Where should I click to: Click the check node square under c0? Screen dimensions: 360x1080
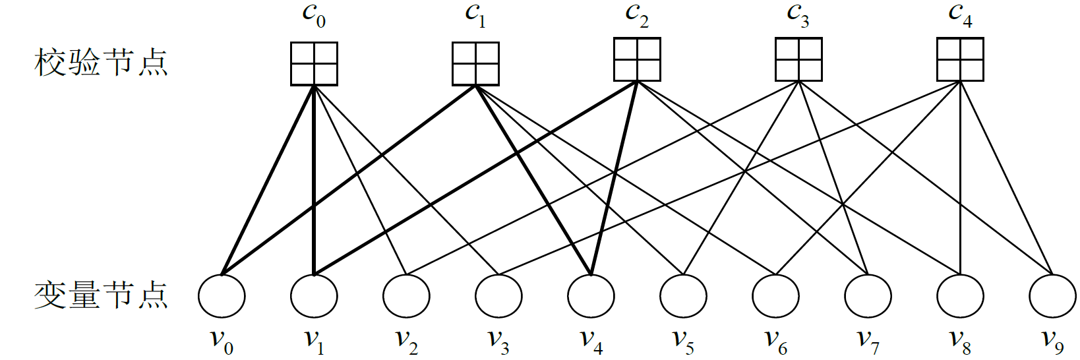pyautogui.click(x=315, y=64)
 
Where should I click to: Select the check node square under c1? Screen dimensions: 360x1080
pyautogui.click(x=475, y=64)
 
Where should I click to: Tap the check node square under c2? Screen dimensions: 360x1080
pyautogui.click(x=637, y=59)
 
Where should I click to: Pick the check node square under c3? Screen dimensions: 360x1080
pyautogui.click(x=798, y=59)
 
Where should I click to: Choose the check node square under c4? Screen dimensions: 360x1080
pyautogui.click(x=960, y=59)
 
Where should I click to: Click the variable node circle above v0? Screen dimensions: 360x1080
pyautogui.click(x=222, y=296)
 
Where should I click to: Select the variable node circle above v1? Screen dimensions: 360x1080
pyautogui.click(x=314, y=296)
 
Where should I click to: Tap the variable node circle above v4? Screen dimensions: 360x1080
pyautogui.click(x=591, y=296)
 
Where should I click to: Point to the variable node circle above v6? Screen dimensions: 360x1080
pyautogui.click(x=775, y=296)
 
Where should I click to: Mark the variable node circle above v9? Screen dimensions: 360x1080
pyautogui.click(x=1052, y=296)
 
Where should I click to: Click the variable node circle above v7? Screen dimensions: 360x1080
pyautogui.click(x=868, y=296)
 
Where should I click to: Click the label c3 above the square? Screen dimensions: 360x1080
pyautogui.click(x=798, y=15)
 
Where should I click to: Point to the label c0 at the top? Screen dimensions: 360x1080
pyautogui.click(x=315, y=15)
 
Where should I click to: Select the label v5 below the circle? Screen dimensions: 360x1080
pyautogui.click(x=683, y=340)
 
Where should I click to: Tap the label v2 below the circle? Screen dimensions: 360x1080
pyautogui.click(x=406, y=340)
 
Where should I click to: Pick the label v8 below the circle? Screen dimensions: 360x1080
pyautogui.click(x=960, y=340)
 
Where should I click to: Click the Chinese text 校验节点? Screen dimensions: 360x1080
pyautogui.click(x=101, y=63)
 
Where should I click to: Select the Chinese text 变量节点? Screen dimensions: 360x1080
pyautogui.click(x=101, y=295)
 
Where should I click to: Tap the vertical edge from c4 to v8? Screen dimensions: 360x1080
pyautogui.click(x=960, y=185)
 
